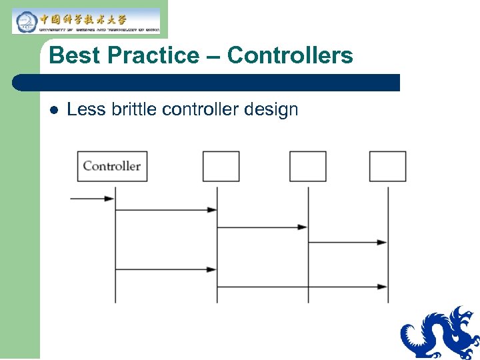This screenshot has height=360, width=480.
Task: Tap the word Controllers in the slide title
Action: [290, 55]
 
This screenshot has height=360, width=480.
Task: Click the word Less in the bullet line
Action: [86, 109]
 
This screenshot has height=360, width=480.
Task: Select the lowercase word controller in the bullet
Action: [201, 109]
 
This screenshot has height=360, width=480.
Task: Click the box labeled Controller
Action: [112, 166]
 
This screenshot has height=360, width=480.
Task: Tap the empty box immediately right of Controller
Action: [221, 166]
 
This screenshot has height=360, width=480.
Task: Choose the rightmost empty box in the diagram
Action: [387, 166]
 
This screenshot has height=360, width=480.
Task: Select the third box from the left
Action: [307, 166]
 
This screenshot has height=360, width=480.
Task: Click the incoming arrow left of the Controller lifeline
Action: [92, 198]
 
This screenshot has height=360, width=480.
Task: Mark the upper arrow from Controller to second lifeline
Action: [166, 209]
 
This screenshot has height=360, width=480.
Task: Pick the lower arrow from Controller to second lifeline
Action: [166, 269]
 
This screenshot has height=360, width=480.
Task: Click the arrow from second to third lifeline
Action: [262, 227]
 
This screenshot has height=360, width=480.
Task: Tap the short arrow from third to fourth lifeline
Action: [347, 242]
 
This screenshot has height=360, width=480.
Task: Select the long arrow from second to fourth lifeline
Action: [302, 287]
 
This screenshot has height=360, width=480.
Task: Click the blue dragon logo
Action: [440, 333]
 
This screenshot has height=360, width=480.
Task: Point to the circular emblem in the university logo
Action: [25, 22]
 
